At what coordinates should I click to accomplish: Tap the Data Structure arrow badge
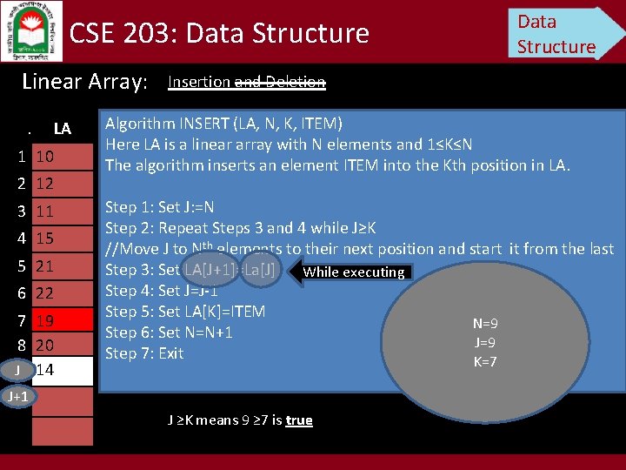561,33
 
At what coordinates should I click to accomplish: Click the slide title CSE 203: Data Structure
219,33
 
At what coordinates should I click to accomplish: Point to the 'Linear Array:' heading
85,82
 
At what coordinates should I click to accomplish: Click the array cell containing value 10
62,157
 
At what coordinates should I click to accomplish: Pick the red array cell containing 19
62,320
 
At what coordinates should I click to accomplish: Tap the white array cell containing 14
62,370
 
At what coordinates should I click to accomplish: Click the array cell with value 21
62,265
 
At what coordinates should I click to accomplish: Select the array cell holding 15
62,238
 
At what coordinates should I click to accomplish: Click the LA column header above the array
62,129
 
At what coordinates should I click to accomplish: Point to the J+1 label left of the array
17,397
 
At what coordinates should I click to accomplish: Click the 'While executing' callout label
353,272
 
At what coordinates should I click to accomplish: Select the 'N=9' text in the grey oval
485,324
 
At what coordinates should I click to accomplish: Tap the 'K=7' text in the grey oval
485,361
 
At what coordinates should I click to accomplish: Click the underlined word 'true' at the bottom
298,420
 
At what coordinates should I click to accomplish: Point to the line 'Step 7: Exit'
144,353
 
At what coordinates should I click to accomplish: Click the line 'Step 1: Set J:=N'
160,207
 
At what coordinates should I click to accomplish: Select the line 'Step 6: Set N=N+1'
169,332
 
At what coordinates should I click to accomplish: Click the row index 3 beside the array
20,211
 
